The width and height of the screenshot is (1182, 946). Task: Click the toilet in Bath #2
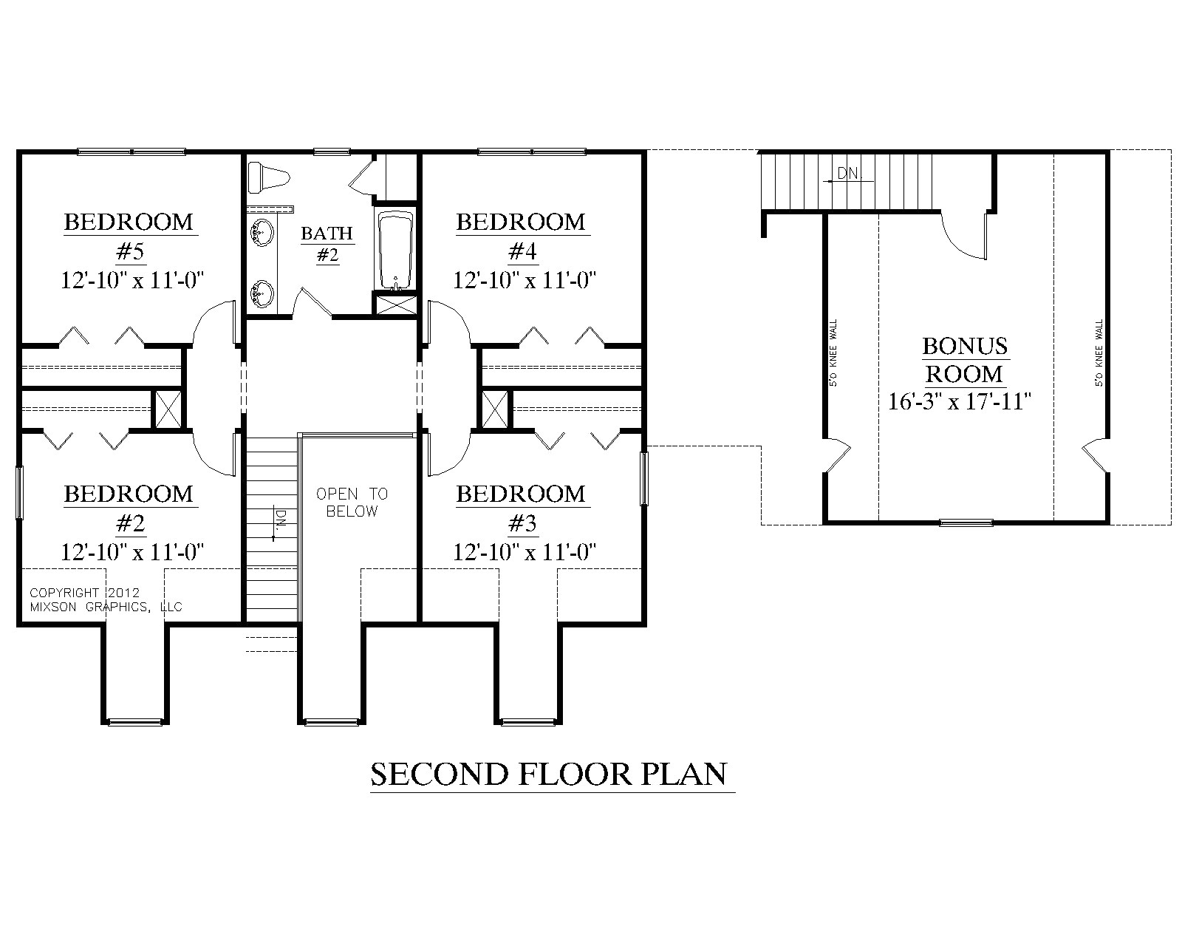coord(268,177)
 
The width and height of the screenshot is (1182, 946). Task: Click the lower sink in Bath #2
coord(262,293)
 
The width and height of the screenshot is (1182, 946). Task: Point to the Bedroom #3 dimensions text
coord(525,552)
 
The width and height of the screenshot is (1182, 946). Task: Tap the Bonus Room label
coord(965,359)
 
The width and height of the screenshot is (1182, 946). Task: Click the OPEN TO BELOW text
coord(352,503)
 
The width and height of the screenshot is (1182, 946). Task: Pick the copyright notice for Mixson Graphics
coord(106,600)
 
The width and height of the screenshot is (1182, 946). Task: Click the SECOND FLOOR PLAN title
coord(549,774)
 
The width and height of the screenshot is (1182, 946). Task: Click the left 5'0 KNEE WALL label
coord(834,353)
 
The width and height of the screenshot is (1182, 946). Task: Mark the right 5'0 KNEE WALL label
coord(1099,353)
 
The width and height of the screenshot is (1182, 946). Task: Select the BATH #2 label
coord(327,244)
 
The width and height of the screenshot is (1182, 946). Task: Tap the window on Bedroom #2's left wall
coord(19,493)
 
